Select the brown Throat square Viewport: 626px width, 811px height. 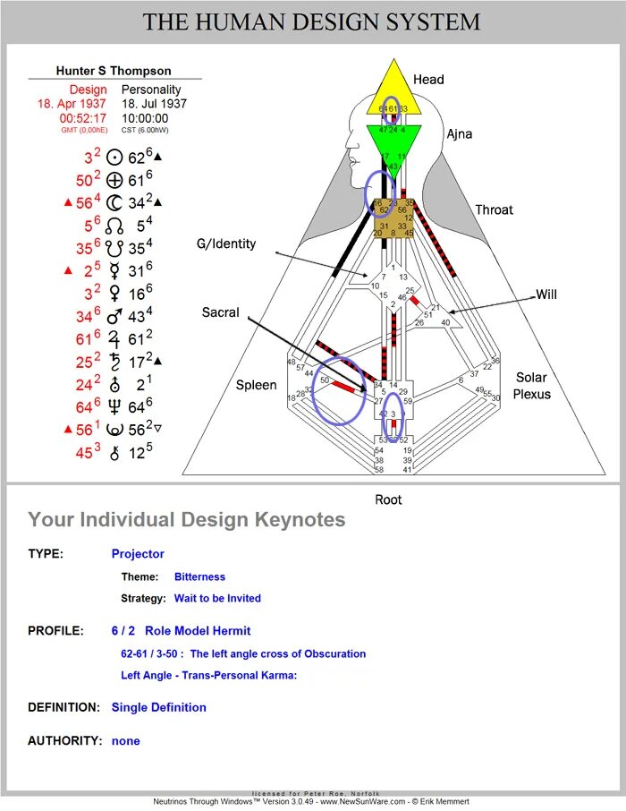[393, 218]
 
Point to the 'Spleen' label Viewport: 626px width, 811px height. [257, 385]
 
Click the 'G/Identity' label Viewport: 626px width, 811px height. [227, 243]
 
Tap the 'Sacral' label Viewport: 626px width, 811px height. [220, 312]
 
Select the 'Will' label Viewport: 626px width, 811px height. [547, 294]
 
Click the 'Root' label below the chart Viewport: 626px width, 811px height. [388, 499]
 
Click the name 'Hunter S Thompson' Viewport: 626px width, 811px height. [114, 71]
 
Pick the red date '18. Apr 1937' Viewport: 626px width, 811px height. [72, 104]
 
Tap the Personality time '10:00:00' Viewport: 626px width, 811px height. [145, 118]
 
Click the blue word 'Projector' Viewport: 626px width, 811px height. [138, 553]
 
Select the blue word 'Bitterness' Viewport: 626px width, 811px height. [199, 576]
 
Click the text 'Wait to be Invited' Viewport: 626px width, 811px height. [217, 598]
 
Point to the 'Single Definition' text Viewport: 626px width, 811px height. [158, 707]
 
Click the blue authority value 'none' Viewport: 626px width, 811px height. [125, 740]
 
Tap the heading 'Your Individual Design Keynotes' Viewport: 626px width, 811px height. [186, 519]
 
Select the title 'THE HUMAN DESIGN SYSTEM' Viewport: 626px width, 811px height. [312, 22]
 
